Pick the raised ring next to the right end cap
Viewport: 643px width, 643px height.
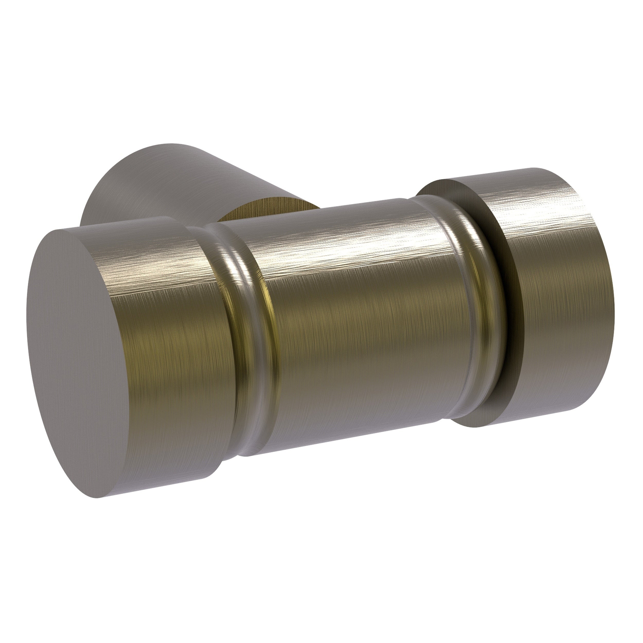(x=472, y=300)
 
